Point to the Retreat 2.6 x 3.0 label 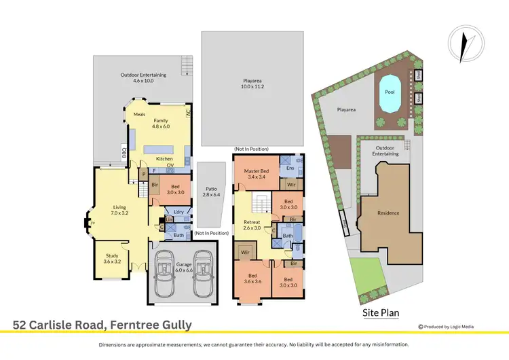click(252, 225)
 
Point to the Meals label click(139, 114)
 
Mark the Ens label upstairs click(290, 168)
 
